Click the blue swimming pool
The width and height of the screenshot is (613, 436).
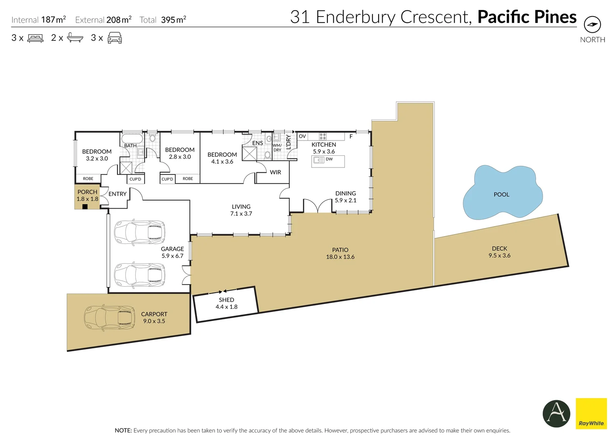pos(502,192)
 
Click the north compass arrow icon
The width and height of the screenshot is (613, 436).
pos(592,25)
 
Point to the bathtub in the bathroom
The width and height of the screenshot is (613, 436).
pos(132,138)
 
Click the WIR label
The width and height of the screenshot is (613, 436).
pos(275,172)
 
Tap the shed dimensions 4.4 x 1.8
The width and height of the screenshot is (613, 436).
pos(226,307)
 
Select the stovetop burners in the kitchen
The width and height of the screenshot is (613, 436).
pos(322,136)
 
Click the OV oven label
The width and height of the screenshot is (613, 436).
pos(302,136)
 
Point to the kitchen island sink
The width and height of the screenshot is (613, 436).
pos(318,159)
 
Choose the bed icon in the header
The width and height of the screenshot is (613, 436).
pos(35,38)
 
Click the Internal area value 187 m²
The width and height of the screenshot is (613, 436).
pos(54,20)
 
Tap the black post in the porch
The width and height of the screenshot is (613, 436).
pos(85,207)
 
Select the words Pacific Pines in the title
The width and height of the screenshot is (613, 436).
pos(527,17)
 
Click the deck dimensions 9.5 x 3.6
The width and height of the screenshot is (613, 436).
pos(499,255)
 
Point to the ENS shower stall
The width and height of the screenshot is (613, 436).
pos(249,154)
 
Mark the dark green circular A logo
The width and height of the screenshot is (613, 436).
pos(556,413)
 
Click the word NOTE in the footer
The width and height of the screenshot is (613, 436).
pos(123,430)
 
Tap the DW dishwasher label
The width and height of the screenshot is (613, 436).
pos(329,159)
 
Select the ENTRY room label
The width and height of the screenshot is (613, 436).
pos(118,194)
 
